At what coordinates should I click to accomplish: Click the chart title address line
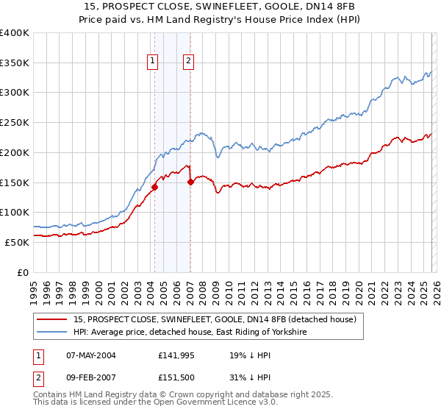pyautogui.click(x=220, y=6)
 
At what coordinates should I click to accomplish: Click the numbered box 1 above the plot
pyautogui.click(x=153, y=62)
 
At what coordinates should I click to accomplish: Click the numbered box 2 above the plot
pyautogui.click(x=188, y=62)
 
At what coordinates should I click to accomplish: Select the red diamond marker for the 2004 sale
pyautogui.click(x=154, y=187)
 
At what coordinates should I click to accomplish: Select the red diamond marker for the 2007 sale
pyautogui.click(x=190, y=181)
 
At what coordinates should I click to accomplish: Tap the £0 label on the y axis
pyautogui.click(x=24, y=272)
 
